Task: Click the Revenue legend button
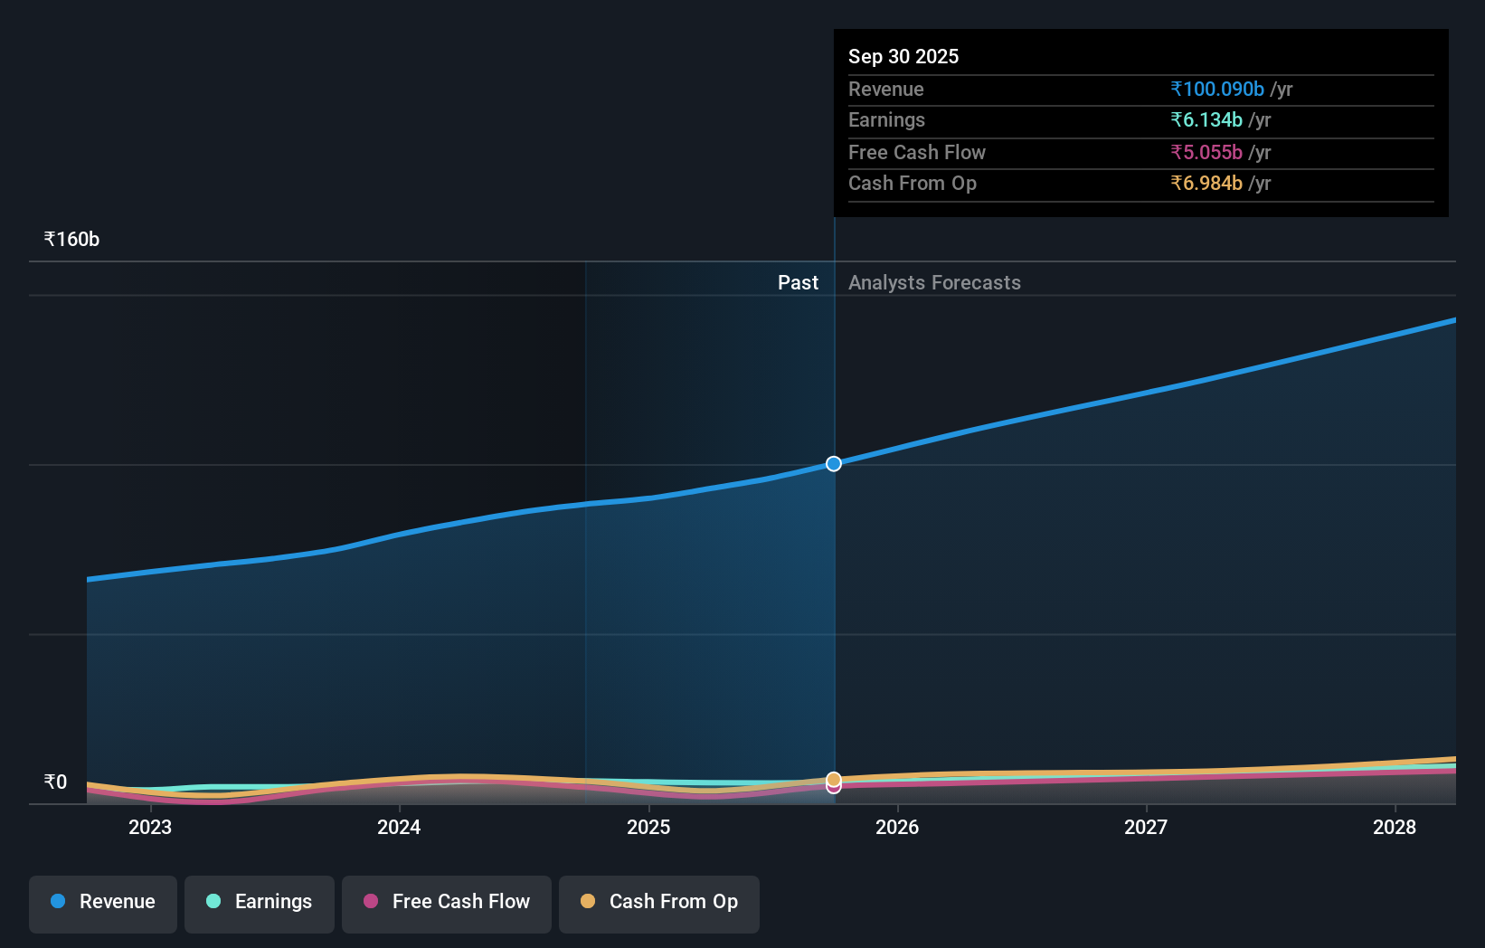tap(103, 902)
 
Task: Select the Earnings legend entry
tap(260, 902)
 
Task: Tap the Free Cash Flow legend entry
tap(447, 902)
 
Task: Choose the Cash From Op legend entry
tap(659, 902)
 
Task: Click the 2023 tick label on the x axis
tap(150, 827)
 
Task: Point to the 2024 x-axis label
tap(399, 827)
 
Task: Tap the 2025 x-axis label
tap(648, 827)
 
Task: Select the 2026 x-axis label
tap(897, 827)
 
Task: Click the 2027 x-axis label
tap(1146, 827)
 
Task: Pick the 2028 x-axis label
tap(1395, 827)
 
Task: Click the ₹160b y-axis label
tap(71, 239)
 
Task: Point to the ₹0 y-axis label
tap(55, 782)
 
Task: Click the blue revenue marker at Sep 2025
tap(834, 463)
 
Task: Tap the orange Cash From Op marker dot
tap(834, 779)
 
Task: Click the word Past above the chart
tap(798, 282)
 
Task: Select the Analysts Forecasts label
tap(934, 282)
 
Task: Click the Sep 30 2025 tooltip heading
tap(903, 56)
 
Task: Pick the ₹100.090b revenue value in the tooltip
tap(1217, 89)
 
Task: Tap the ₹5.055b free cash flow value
tap(1206, 152)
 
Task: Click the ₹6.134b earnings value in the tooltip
tap(1206, 119)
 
